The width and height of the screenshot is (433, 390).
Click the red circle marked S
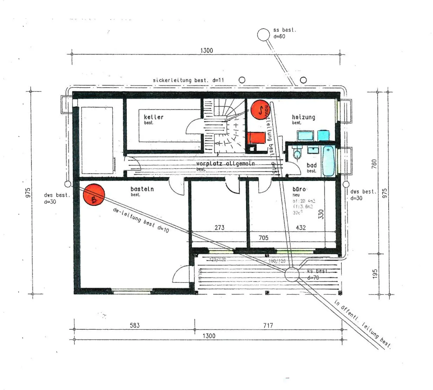pos(260,110)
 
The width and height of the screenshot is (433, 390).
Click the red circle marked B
pos(94,195)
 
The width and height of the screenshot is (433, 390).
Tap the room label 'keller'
pos(153,117)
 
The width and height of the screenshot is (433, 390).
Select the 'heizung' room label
pos(303,117)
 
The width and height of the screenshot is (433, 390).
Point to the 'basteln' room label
pos(142,189)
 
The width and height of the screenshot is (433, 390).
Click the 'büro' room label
pos(299,189)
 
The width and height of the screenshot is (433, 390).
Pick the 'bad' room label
pos(312,165)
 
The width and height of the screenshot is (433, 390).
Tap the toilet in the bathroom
pos(297,153)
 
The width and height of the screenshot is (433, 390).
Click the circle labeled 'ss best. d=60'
pos(263,35)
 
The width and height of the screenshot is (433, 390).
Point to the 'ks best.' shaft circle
pos(292,274)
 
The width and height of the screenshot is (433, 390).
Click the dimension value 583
pos(135,325)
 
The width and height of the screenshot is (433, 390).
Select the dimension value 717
pos(268,325)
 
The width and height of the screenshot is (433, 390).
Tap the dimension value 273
pos(219,228)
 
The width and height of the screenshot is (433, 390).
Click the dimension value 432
pos(301,228)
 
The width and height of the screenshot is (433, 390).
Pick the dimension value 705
pos(263,238)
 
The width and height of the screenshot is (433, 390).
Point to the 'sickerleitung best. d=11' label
pos(188,80)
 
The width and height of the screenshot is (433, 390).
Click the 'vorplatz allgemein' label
pos(225,164)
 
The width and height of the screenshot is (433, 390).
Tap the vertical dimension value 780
pos(374,164)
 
